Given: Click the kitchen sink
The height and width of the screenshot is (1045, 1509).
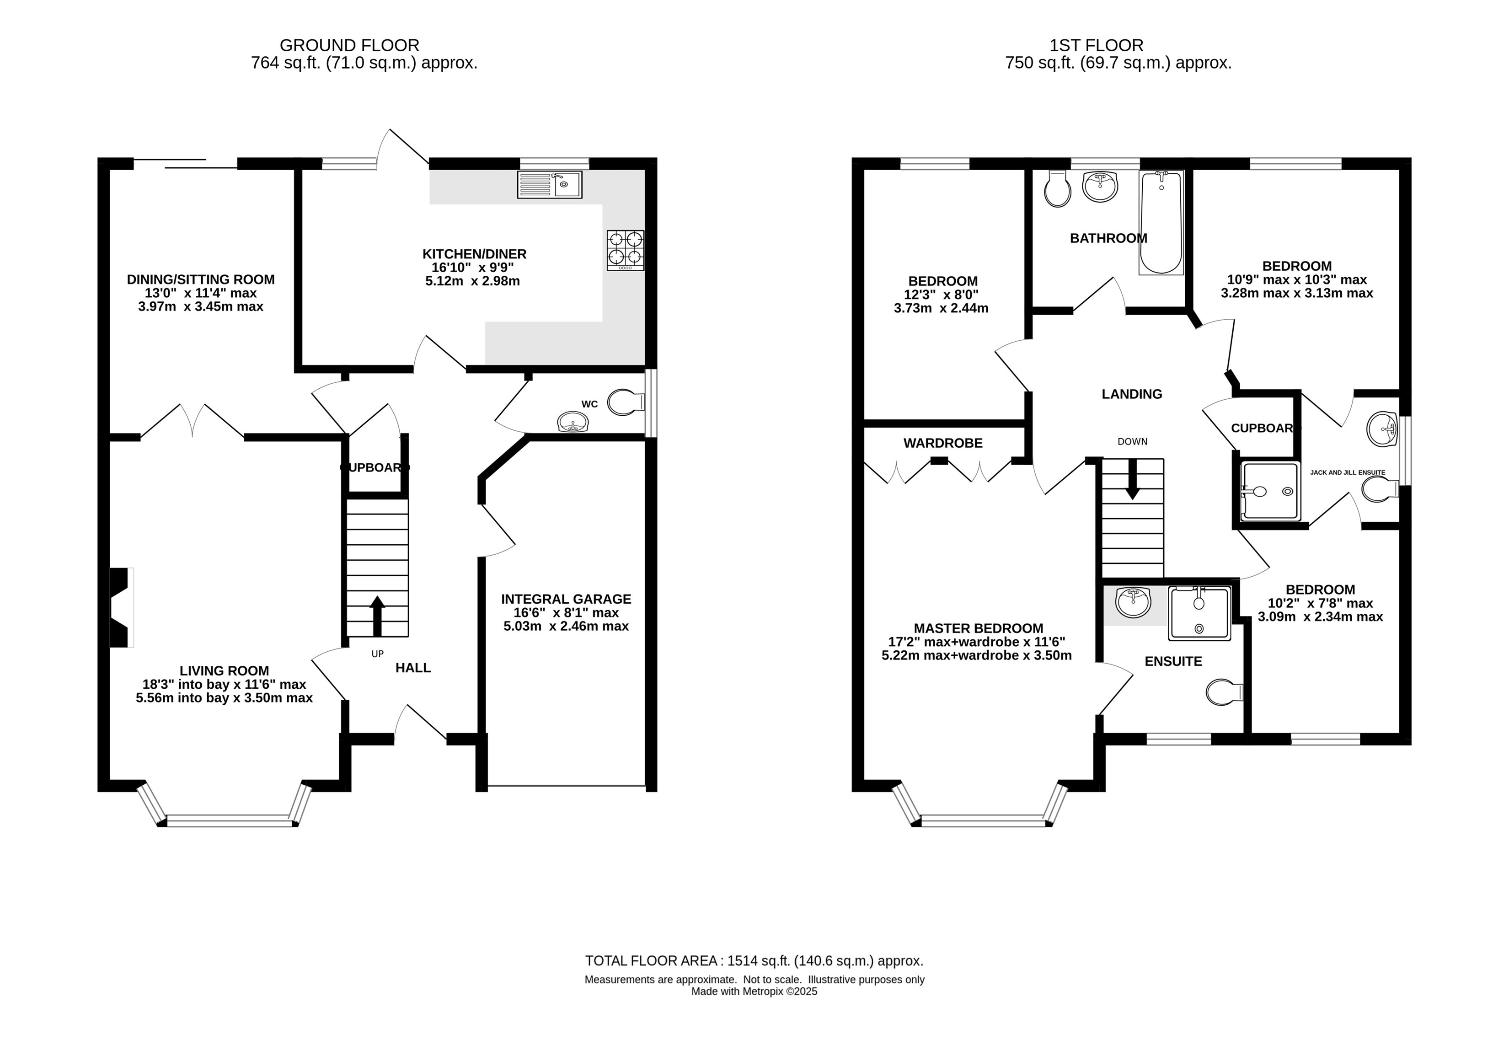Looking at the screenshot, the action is click(549, 185).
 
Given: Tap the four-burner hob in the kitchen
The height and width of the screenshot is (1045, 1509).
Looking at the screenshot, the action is click(625, 250).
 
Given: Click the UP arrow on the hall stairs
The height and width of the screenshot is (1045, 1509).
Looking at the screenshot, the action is click(377, 616).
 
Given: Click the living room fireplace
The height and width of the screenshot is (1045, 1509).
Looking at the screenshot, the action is click(121, 608).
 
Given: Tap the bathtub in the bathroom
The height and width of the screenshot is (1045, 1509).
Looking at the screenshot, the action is click(1161, 223).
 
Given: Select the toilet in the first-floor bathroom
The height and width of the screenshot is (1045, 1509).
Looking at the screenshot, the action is click(1058, 189).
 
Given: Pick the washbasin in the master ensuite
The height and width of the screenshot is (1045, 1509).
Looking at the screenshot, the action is click(1133, 602).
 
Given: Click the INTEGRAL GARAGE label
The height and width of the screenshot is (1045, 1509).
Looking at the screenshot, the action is click(566, 599).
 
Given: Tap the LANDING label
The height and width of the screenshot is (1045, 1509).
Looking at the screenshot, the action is click(1132, 394).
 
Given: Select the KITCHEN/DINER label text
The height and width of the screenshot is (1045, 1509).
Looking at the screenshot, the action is click(475, 254).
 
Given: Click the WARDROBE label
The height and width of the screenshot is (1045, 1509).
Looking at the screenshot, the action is click(943, 443).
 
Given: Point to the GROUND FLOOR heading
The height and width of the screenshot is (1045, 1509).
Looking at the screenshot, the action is click(350, 45).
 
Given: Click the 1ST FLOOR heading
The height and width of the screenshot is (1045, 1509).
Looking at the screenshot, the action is click(1097, 45).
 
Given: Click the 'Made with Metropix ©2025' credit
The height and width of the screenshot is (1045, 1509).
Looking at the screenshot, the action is click(754, 991).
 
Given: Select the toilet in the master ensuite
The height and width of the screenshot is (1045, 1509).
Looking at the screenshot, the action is click(1224, 692).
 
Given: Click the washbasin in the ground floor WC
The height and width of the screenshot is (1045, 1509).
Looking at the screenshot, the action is click(573, 422).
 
